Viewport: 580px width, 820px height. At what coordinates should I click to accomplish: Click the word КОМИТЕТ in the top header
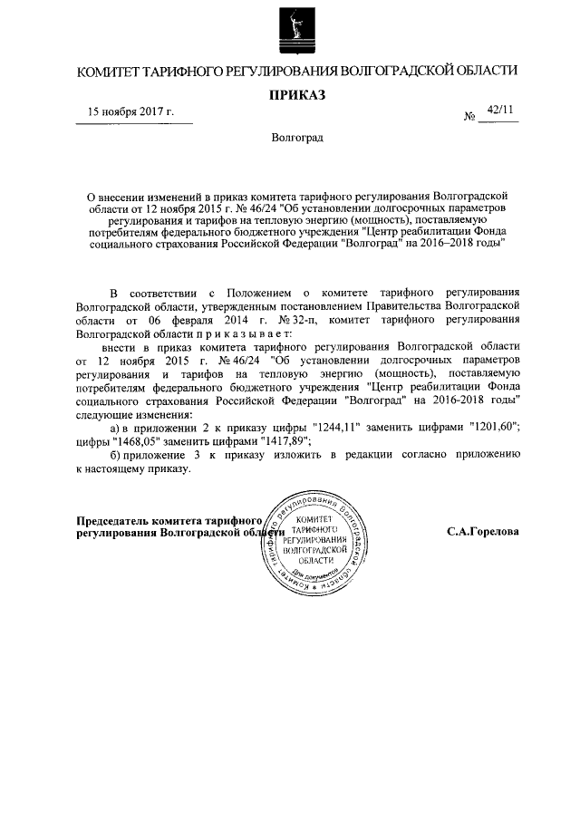click(x=108, y=70)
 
